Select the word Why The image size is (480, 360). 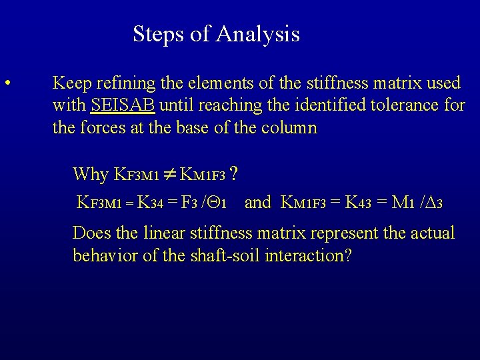coord(90,174)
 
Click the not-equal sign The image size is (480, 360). coord(169,175)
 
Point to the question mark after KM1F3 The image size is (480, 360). coord(235,174)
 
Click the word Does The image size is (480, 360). coord(92,233)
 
